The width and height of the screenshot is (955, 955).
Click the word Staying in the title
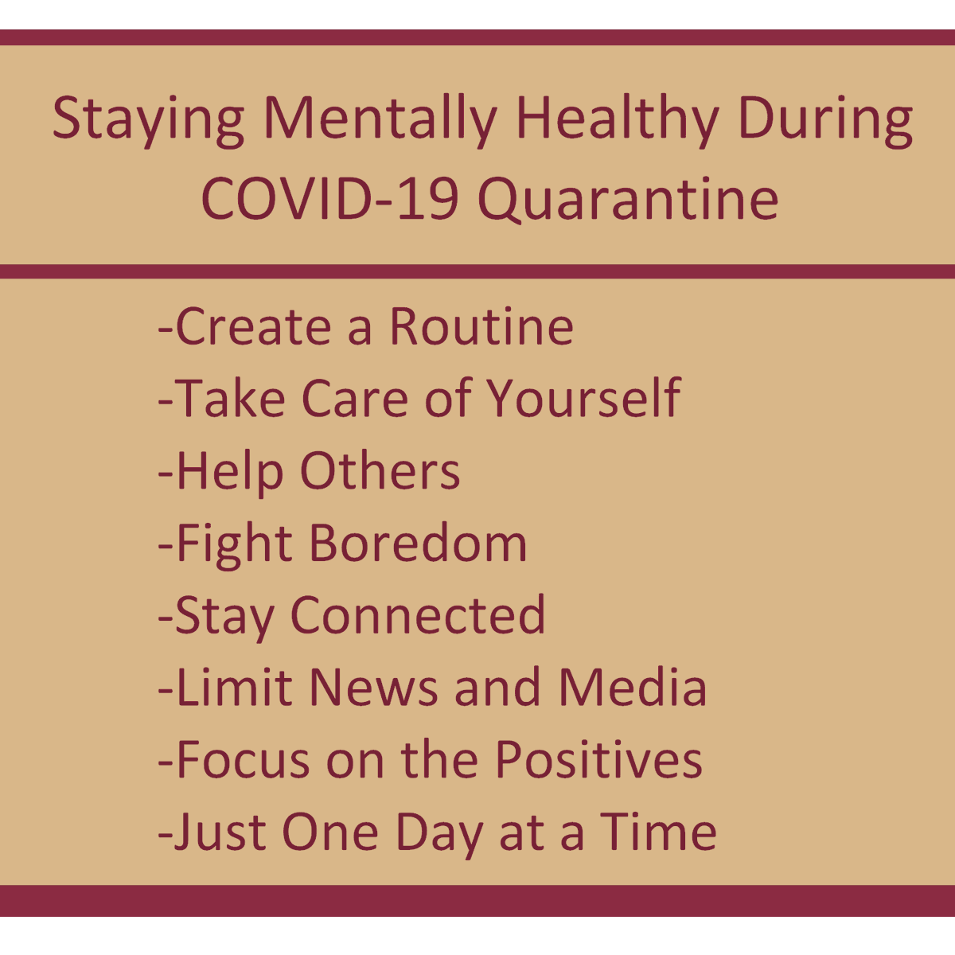coord(148,119)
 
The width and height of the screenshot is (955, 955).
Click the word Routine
coord(481,327)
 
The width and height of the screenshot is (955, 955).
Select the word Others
coord(380,470)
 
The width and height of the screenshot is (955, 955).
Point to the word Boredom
coord(418,544)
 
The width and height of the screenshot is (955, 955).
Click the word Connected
coord(419,615)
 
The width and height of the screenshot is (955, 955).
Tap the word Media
coord(632,688)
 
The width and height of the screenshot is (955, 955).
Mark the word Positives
coord(598,760)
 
